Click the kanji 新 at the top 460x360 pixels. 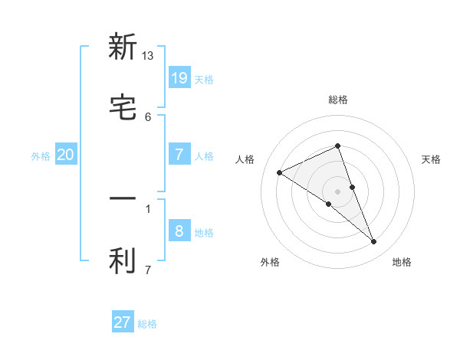[123, 47]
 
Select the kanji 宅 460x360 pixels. [123, 108]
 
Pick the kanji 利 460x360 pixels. [123, 261]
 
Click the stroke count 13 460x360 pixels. [148, 56]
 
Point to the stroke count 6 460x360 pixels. [148, 116]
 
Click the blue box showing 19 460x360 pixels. [179, 77]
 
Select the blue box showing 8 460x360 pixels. [179, 231]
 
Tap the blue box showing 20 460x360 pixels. [66, 155]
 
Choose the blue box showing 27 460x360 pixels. [123, 322]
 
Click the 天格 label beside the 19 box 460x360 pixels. [204, 79]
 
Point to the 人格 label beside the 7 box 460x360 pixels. [204, 156]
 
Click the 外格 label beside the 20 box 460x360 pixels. [41, 156]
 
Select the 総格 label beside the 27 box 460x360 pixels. [147, 324]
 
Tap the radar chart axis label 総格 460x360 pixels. [338, 100]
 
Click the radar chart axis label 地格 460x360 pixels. [402, 263]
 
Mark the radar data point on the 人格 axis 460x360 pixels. [280, 172]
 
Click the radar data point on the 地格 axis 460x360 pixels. [374, 242]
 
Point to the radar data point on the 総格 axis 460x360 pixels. [337, 146]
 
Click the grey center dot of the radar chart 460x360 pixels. [337, 191]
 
